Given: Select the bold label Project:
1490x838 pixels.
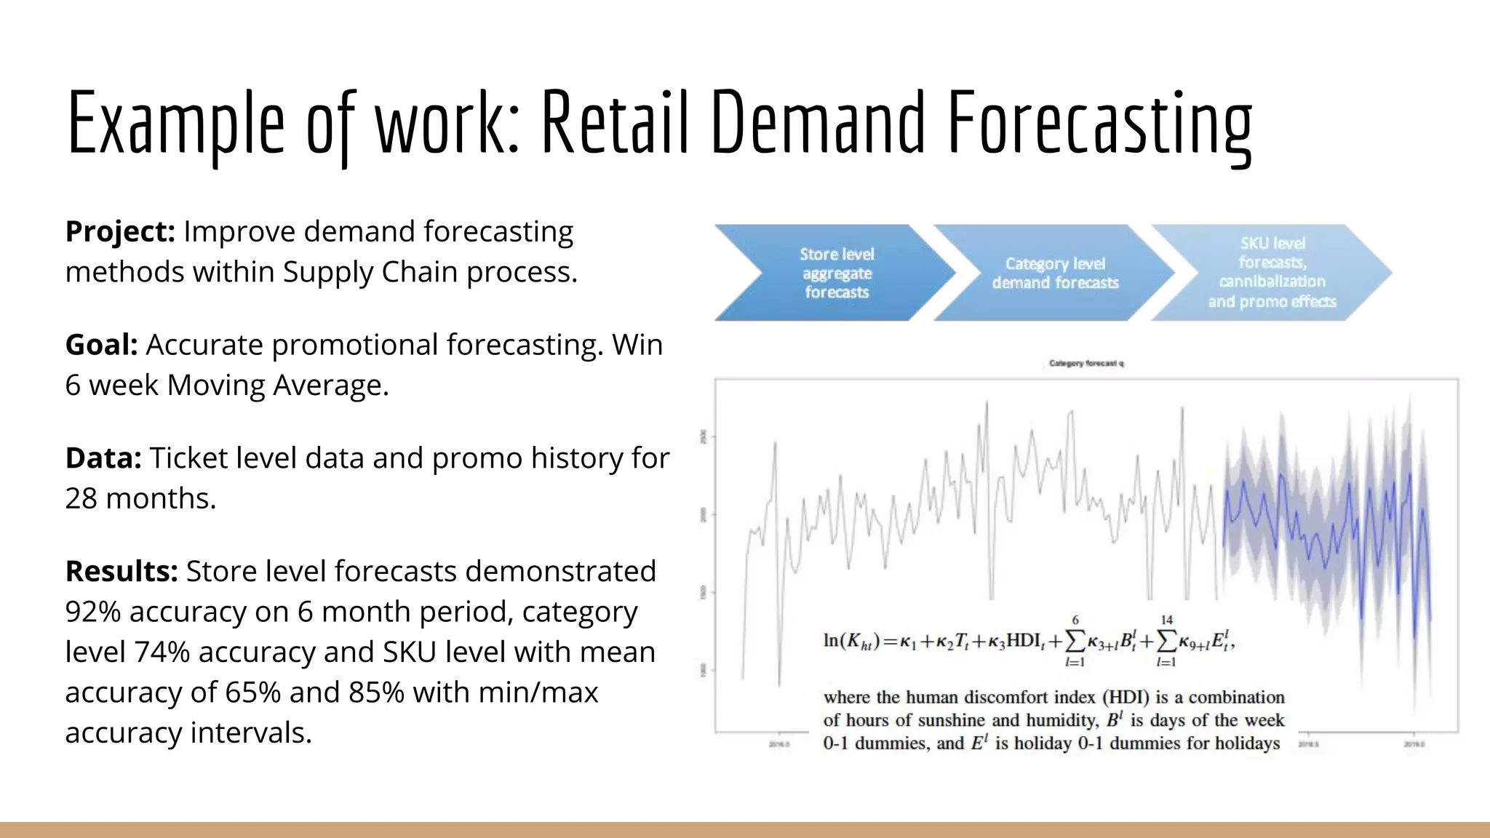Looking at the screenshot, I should [120, 232].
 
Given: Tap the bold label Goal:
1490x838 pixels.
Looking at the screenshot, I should [101, 345].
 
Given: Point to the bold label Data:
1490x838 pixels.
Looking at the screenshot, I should [103, 458].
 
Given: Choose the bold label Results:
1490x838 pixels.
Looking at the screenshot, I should [121, 572].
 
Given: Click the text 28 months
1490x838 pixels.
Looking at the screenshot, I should [140, 499].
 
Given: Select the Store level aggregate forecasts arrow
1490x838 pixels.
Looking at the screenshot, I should [837, 274].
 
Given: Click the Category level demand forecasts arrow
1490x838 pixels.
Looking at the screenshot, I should [1055, 274].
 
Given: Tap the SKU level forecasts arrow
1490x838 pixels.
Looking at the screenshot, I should [1272, 273].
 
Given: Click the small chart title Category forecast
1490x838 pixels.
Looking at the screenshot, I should [1086, 363].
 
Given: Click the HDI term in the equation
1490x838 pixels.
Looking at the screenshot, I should [1024, 641].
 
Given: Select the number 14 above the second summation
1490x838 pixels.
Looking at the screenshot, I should [1167, 620].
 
